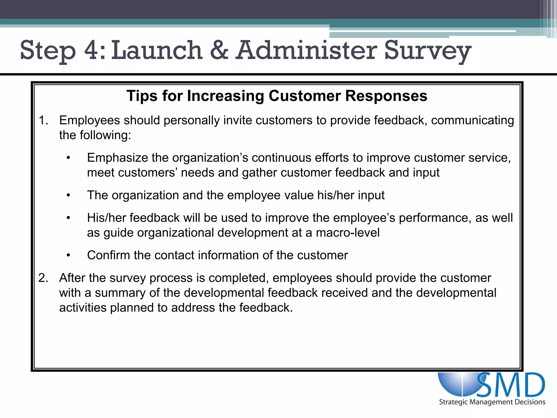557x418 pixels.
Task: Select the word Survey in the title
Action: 428,51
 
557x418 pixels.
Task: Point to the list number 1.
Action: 43,120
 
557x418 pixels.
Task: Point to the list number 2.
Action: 43,278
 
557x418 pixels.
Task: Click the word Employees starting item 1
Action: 89,121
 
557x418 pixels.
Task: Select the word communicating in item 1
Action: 472,121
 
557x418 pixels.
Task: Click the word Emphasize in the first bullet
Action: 117,158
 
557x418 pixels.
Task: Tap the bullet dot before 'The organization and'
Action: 69,195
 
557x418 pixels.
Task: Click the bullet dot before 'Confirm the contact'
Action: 69,255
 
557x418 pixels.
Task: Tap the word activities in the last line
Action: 83,308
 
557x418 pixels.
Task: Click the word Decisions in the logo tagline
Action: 531,402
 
